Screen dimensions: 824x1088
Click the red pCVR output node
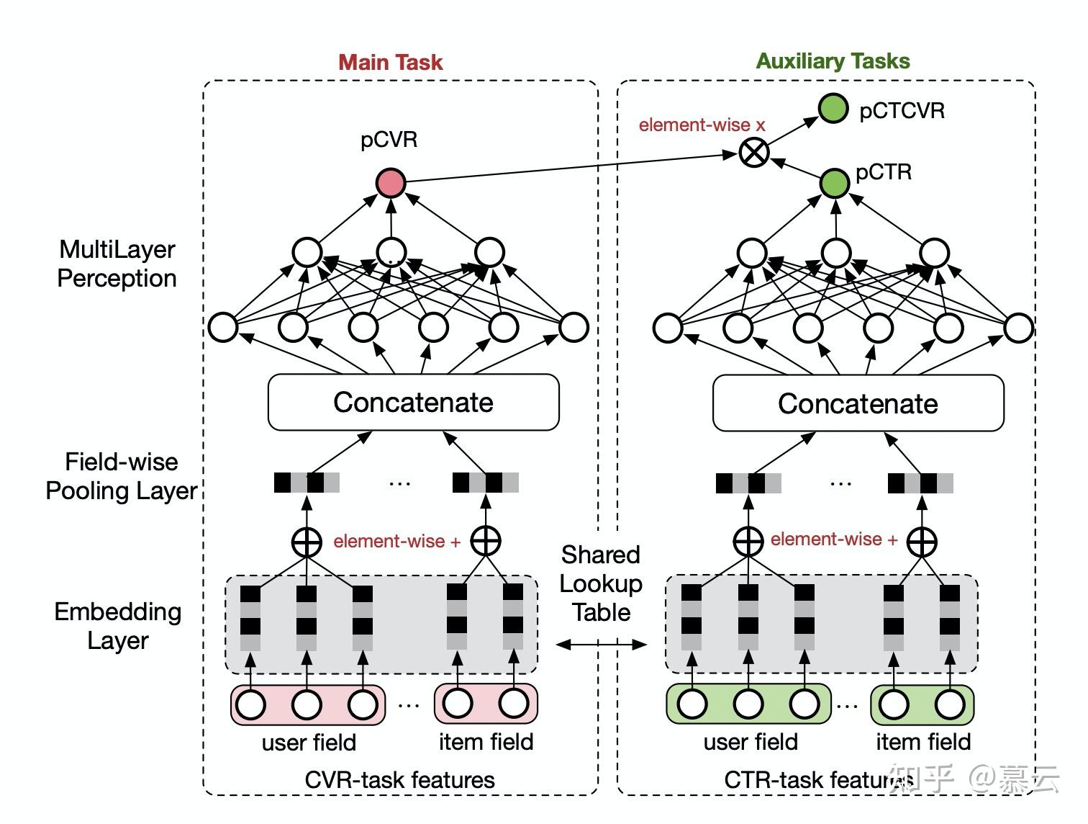391,183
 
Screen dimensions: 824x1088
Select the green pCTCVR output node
833,109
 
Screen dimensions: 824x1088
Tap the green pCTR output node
835,183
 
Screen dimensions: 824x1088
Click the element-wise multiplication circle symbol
754,153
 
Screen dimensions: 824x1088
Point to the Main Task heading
390,62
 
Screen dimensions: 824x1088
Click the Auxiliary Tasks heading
833,61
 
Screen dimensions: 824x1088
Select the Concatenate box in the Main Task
413,402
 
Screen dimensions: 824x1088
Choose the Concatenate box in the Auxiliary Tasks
858,403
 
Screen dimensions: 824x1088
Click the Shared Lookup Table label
601,583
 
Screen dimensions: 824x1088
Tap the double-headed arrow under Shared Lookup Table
602,645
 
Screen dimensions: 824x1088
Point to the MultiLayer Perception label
117,264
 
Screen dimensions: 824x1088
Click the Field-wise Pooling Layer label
121,476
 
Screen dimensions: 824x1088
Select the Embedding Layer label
118,626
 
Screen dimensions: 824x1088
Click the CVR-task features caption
399,779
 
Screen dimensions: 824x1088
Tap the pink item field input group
486,704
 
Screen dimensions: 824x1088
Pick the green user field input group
748,704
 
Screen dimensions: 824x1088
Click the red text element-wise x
702,125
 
